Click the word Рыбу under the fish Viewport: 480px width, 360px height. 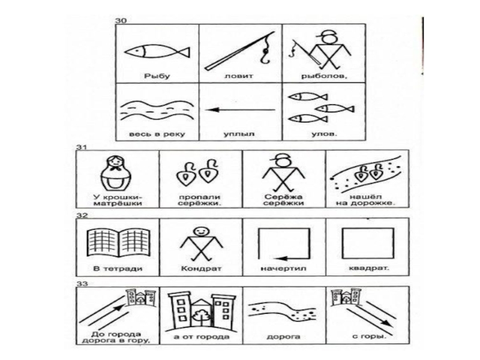coord(157,76)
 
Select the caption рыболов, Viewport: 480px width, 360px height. coord(324,76)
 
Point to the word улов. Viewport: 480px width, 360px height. coord(324,134)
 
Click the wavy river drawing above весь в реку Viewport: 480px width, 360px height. coord(157,111)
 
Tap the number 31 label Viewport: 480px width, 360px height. coord(82,147)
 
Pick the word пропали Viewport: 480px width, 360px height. coord(200,197)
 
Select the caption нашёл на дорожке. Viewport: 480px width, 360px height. coord(367,200)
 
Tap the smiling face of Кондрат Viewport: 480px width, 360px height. coord(201,232)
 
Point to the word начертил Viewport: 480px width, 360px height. coord(283,269)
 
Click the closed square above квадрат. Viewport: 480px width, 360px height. coord(368,244)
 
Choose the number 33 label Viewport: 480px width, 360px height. coord(82,284)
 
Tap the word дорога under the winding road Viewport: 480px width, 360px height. coord(283,337)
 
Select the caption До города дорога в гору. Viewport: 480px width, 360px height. coord(117,337)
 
